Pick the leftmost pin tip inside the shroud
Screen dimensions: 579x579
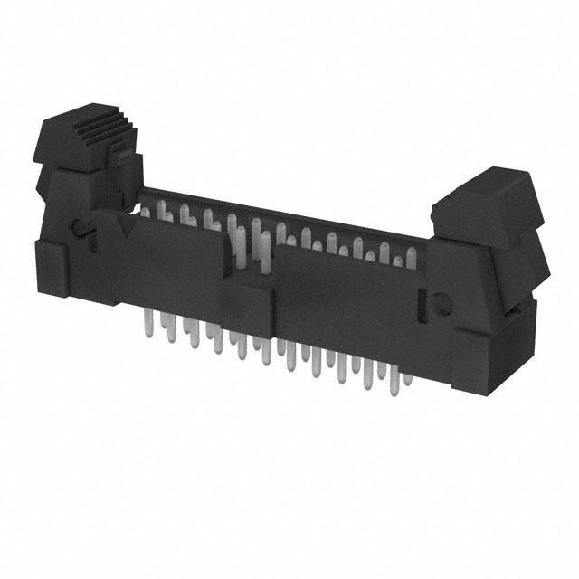click(x=145, y=210)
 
